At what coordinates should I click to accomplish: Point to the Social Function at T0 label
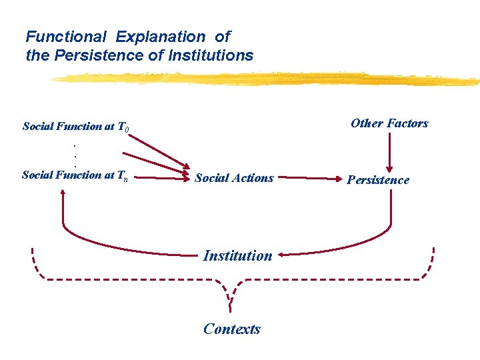[x=76, y=126]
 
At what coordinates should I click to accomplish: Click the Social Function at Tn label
[x=75, y=175]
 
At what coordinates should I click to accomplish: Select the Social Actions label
[x=234, y=178]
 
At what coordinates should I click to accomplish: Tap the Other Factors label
[x=389, y=123]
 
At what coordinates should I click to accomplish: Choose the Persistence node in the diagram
[x=378, y=180]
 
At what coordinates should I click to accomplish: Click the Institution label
[x=237, y=255]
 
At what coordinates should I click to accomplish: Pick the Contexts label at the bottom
[x=232, y=329]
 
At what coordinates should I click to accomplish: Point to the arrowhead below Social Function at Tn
[x=63, y=192]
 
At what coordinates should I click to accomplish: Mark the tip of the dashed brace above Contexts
[x=231, y=308]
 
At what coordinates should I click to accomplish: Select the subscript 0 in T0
[x=127, y=129]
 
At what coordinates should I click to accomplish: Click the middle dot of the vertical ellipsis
[x=75, y=154]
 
